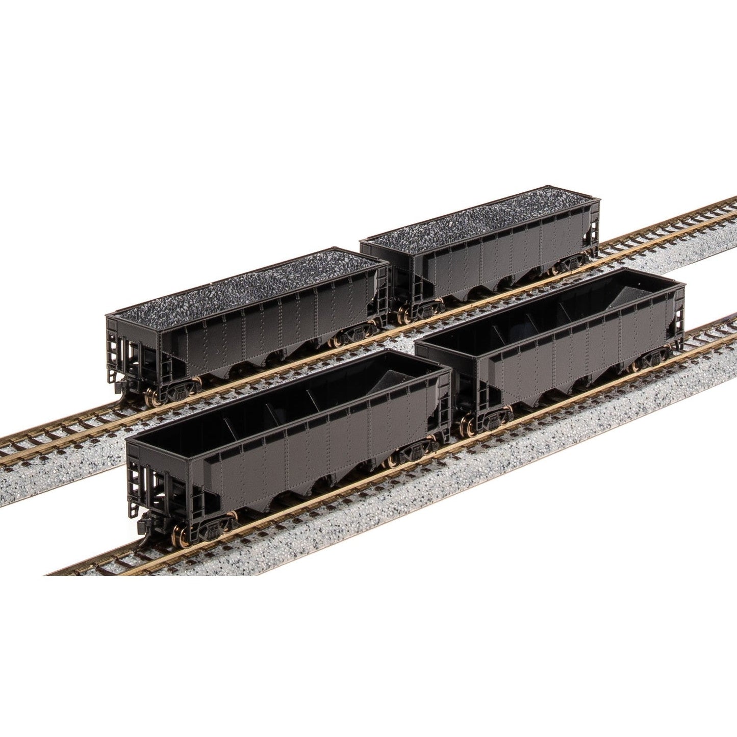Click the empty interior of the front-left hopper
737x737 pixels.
265,403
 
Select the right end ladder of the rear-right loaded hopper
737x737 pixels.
593,224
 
